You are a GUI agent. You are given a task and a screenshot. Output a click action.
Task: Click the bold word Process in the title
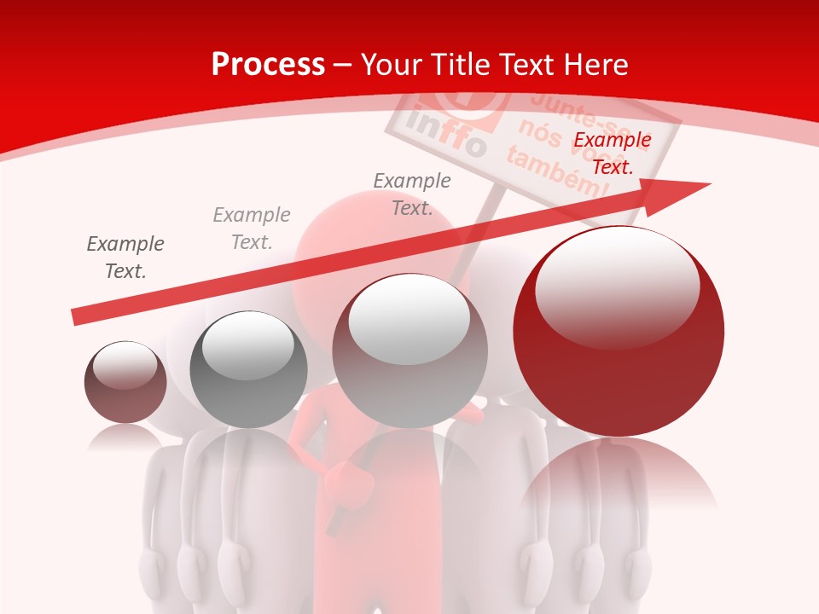[268, 65]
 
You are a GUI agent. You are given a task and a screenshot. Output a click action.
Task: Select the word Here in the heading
[595, 65]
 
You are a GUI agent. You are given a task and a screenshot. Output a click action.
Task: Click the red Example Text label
[613, 153]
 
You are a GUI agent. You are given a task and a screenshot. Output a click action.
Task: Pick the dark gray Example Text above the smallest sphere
[125, 258]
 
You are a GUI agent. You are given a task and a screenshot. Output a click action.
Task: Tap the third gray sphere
[409, 351]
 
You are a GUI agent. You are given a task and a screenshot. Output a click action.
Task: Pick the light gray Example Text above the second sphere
[252, 229]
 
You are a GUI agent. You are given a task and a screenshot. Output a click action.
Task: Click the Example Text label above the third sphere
[412, 194]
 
